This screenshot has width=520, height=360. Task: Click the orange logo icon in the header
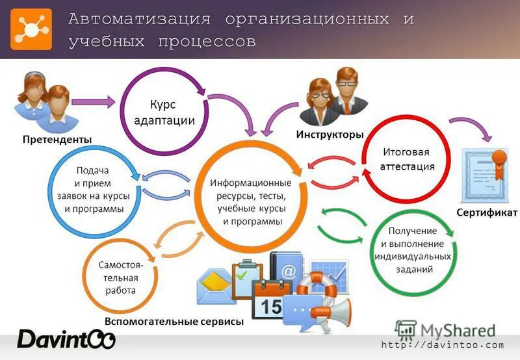pos(31,29)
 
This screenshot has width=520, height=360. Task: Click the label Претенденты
pos(57,139)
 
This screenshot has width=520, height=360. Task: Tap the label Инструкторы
pos(330,135)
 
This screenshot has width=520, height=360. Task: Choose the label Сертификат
pos(486,213)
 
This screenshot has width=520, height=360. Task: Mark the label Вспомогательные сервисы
pos(174,322)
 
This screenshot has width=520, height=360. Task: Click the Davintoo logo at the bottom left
pos(66,339)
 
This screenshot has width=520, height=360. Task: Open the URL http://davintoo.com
pos(443,345)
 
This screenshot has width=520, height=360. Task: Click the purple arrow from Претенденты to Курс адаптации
pos(93,101)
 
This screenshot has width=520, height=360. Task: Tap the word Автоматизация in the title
pos(139,19)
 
